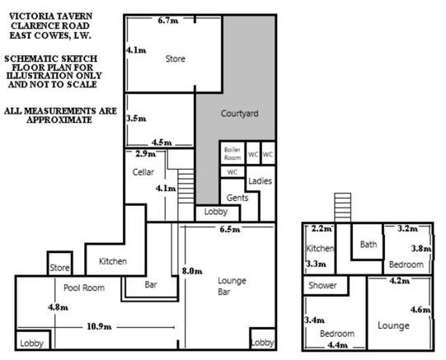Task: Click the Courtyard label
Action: [x=240, y=114]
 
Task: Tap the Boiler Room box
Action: [x=232, y=153]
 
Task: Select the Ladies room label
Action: [x=260, y=180]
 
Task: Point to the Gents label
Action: [x=237, y=198]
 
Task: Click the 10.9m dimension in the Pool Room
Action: [x=99, y=326]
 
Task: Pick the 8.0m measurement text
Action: [x=192, y=271]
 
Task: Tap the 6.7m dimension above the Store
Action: [x=168, y=21]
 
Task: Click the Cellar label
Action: [x=143, y=172]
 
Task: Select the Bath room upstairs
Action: [x=368, y=242]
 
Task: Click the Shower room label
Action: [x=322, y=285]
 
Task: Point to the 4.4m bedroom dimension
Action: [x=338, y=345]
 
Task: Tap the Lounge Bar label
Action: [x=232, y=286]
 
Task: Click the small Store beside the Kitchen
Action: [x=59, y=264]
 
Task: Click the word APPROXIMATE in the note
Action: [x=59, y=119]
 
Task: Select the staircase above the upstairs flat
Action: [x=342, y=208]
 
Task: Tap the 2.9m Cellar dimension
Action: [x=146, y=154]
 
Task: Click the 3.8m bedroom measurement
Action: [x=421, y=249]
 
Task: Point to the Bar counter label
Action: [x=151, y=284]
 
